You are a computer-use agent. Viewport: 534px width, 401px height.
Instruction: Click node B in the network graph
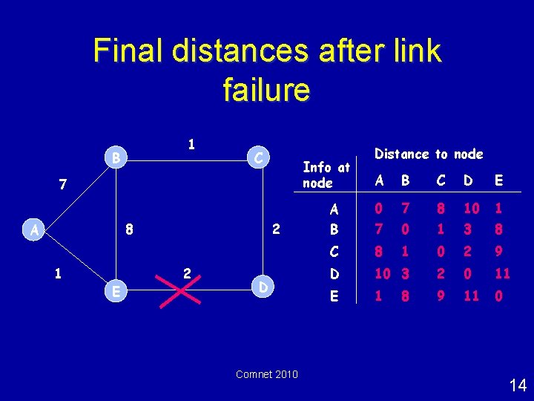click(x=114, y=157)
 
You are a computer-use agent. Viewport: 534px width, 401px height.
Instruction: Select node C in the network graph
click(x=256, y=157)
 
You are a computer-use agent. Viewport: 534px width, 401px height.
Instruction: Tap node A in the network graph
click(x=35, y=230)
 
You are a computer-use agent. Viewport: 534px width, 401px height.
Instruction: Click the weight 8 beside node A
click(x=129, y=230)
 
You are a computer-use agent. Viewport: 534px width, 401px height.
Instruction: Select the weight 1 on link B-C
click(x=191, y=144)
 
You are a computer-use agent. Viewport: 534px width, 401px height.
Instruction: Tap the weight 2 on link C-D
click(x=275, y=230)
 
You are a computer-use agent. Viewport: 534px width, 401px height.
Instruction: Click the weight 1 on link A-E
click(x=57, y=273)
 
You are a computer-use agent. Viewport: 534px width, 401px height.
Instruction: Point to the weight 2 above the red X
click(x=187, y=273)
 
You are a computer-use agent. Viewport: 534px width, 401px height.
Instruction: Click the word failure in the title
click(x=266, y=90)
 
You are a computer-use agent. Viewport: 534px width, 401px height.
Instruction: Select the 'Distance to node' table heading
click(x=429, y=154)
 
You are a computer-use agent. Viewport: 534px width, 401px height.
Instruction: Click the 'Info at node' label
click(x=326, y=175)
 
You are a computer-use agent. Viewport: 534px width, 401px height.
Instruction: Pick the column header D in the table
click(x=467, y=180)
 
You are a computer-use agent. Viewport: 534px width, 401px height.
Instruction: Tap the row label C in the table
click(x=334, y=252)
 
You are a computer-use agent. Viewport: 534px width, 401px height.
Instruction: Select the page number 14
click(x=518, y=385)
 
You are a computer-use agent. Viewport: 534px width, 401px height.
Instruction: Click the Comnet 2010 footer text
click(x=267, y=374)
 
